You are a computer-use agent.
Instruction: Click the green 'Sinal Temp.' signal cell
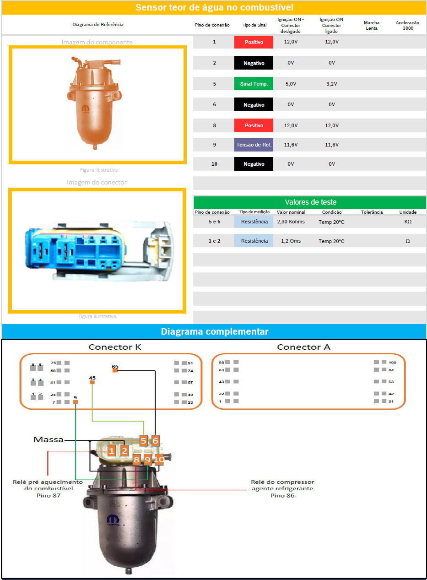(254, 84)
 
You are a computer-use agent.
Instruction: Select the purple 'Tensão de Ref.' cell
(254, 145)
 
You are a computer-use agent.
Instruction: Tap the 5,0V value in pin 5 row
(291, 84)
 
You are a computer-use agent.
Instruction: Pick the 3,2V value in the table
(332, 84)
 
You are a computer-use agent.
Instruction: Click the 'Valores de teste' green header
(310, 202)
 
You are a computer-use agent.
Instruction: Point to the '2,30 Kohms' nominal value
(291, 222)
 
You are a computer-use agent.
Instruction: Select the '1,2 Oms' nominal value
(291, 241)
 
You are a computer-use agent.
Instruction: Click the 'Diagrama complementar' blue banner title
(214, 331)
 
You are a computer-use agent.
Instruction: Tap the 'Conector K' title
(115, 347)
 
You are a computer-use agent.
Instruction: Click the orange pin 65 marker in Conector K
(115, 370)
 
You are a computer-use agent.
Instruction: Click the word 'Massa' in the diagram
(48, 439)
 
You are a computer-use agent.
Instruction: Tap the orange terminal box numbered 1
(111, 451)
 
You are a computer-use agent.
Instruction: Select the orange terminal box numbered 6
(156, 441)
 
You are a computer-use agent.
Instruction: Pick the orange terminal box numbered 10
(159, 460)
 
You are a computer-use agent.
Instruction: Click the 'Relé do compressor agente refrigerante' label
(282, 488)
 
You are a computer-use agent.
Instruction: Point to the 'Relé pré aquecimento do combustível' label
(48, 488)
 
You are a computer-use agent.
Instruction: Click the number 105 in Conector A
(392, 362)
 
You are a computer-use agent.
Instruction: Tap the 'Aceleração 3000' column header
(407, 25)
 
